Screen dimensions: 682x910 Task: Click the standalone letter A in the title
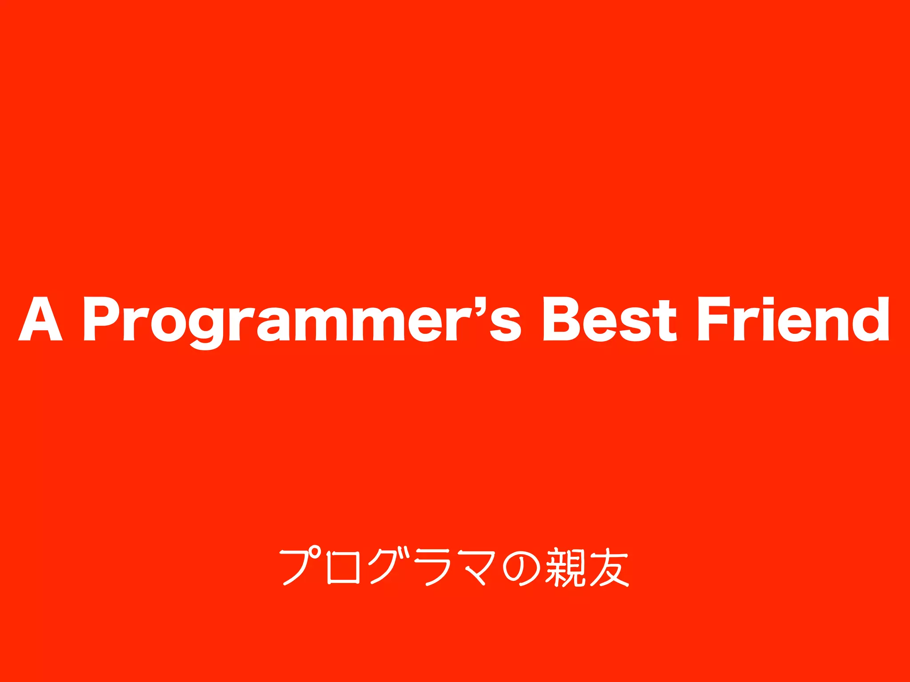click(40, 319)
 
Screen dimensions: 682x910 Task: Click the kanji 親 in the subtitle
click(564, 567)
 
